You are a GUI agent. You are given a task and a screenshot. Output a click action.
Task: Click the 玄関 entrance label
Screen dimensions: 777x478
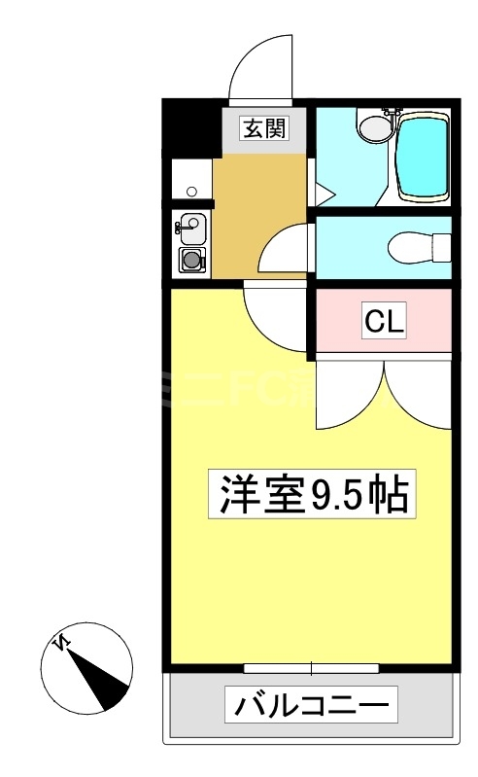point(264,126)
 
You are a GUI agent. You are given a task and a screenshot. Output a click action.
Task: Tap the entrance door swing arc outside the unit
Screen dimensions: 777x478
point(260,66)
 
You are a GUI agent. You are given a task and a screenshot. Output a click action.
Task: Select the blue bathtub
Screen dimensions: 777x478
point(422,155)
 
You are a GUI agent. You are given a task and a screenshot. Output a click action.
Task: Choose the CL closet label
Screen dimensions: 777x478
point(384,320)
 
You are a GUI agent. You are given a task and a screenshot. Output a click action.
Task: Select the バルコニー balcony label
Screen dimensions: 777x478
point(313,705)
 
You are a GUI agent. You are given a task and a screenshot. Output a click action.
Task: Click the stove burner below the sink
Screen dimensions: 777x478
point(191,260)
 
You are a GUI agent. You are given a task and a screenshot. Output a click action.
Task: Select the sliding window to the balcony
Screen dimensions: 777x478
point(311,668)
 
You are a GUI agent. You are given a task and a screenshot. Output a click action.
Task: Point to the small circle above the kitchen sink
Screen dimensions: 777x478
point(191,192)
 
